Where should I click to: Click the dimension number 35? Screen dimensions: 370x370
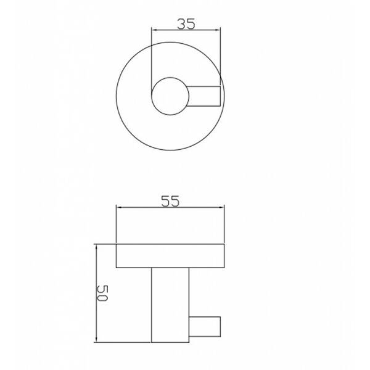(x=186, y=24)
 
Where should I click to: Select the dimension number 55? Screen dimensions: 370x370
(x=170, y=201)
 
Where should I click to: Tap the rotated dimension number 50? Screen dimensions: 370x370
(x=102, y=294)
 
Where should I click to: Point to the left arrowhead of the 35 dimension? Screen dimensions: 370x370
(x=154, y=30)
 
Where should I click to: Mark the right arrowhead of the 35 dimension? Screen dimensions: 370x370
(x=217, y=30)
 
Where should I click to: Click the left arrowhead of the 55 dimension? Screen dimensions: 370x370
(x=119, y=207)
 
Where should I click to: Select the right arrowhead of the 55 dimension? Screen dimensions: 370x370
(x=221, y=207)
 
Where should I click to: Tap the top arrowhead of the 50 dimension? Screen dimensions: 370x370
(x=96, y=248)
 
